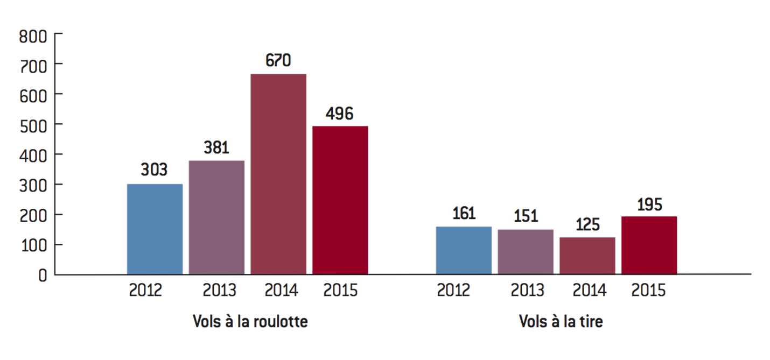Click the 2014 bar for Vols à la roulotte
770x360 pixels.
click(278, 174)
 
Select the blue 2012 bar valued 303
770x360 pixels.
click(155, 229)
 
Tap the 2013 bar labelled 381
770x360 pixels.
click(216, 217)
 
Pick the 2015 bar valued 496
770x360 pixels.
click(340, 200)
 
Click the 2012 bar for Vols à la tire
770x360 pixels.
click(464, 250)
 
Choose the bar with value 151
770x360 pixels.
click(526, 252)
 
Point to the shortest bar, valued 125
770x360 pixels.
click(587, 256)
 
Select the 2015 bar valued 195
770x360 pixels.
click(649, 245)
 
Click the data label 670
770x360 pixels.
click(278, 60)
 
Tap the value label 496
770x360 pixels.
click(340, 114)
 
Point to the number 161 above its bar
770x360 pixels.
click(464, 214)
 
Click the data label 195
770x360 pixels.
click(649, 204)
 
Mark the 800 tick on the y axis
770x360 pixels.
click(33, 37)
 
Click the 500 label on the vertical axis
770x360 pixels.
click(33, 124)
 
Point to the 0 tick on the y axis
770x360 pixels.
click(42, 275)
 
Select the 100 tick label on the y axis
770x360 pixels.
click(33, 245)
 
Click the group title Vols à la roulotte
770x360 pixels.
click(250, 322)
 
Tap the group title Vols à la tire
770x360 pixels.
click(561, 322)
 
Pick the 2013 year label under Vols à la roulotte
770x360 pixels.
click(219, 291)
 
